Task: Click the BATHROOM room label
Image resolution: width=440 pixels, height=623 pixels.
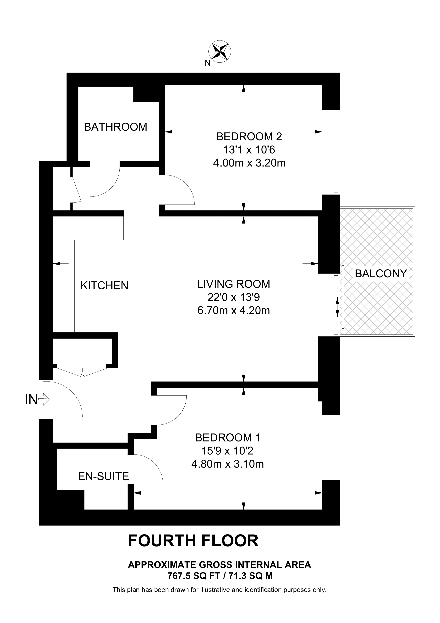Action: pyautogui.click(x=115, y=127)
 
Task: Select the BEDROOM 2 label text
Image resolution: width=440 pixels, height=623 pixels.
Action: pyautogui.click(x=249, y=136)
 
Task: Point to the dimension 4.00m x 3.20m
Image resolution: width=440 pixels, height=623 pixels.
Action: pyautogui.click(x=249, y=163)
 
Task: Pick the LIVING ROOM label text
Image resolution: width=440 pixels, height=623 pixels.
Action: pyautogui.click(x=233, y=284)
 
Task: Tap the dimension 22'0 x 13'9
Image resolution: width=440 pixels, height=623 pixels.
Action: pyautogui.click(x=233, y=297)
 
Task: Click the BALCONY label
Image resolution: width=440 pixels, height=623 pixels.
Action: pyautogui.click(x=381, y=274)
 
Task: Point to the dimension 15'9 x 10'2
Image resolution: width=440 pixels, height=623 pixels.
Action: pyautogui.click(x=227, y=451)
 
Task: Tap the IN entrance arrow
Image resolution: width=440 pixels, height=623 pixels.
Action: pyautogui.click(x=44, y=400)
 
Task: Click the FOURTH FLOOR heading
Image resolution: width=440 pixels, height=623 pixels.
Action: pyautogui.click(x=193, y=541)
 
